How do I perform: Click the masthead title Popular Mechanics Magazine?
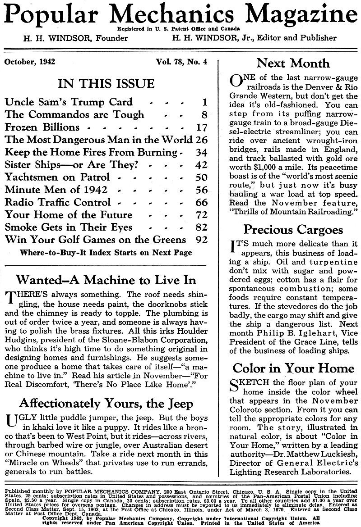tap(180, 14)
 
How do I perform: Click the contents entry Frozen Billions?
tap(42, 127)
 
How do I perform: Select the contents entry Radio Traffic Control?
tap(57, 202)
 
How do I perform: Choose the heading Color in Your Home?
tap(293, 368)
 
